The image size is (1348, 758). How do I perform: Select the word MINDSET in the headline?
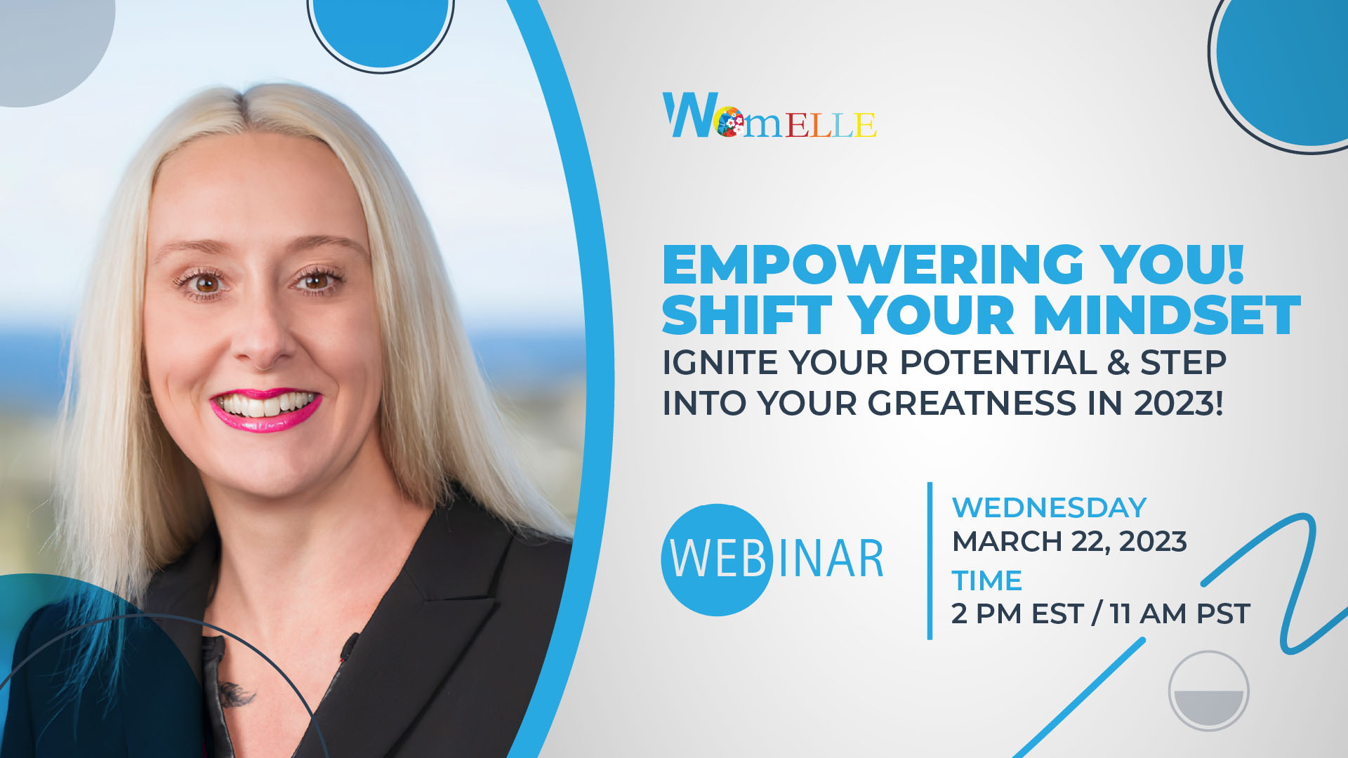point(1167,315)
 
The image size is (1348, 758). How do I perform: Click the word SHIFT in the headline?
point(746,315)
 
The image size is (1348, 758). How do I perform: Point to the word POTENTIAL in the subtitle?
point(998,363)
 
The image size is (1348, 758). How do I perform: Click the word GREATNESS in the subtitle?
point(972,404)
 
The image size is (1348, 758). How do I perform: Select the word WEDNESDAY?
point(1050,507)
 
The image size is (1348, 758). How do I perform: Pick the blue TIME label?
point(986,580)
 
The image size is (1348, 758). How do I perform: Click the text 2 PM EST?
point(1017,613)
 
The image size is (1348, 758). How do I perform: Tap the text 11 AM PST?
point(1180,613)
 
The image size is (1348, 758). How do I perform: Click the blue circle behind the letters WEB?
point(717,559)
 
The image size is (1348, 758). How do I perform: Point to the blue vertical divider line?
point(930,561)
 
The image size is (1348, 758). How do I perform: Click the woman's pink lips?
point(265,410)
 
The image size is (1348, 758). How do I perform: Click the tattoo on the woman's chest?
point(235,694)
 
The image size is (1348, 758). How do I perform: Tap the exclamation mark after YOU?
point(1235,265)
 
